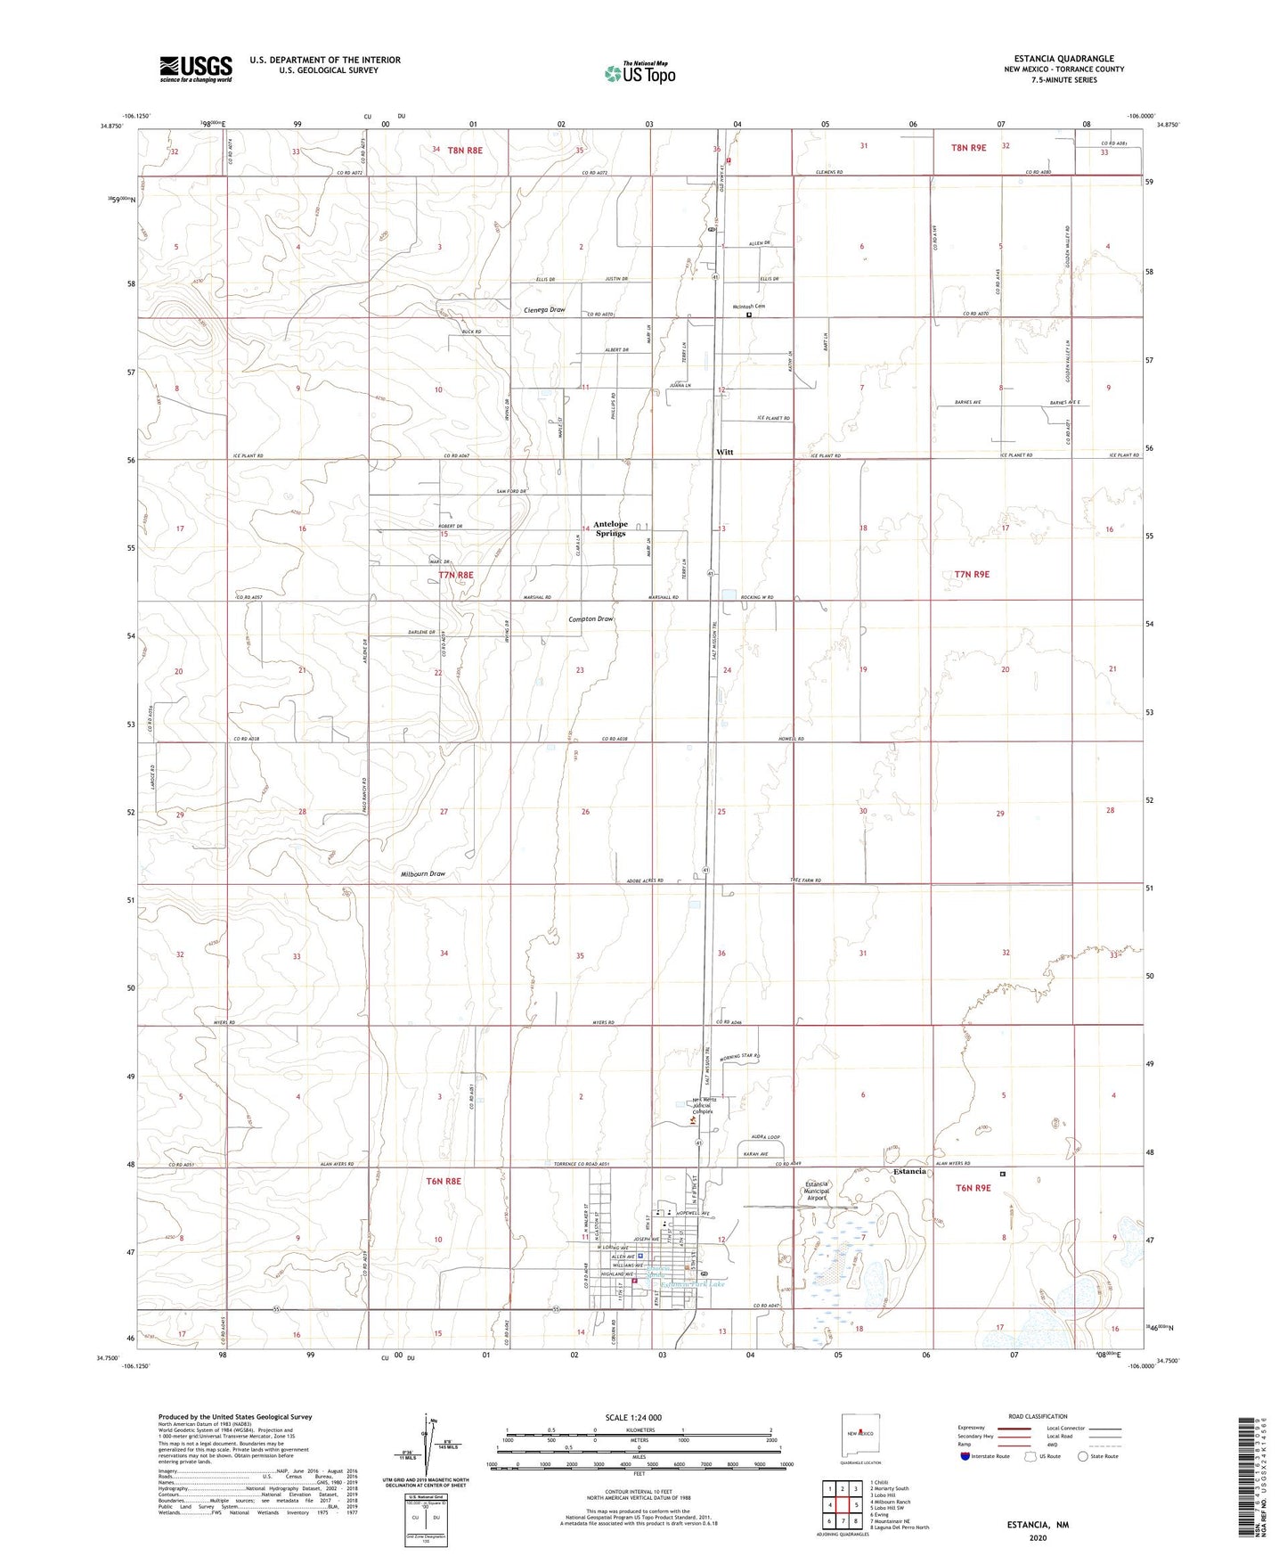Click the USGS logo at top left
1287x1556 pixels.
tap(196, 68)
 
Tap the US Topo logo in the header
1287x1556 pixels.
tap(639, 73)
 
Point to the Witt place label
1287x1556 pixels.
tap(725, 453)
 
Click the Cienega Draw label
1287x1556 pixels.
tap(544, 310)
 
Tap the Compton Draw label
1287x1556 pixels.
tap(591, 618)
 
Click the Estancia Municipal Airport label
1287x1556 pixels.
tap(817, 1191)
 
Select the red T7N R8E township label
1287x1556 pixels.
tap(456, 575)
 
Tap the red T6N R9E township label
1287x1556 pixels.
tap(973, 1188)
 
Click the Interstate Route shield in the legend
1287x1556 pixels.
tap(965, 1456)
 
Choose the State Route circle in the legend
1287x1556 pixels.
tap(1083, 1456)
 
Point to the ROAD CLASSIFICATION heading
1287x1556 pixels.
tap(1038, 1416)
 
